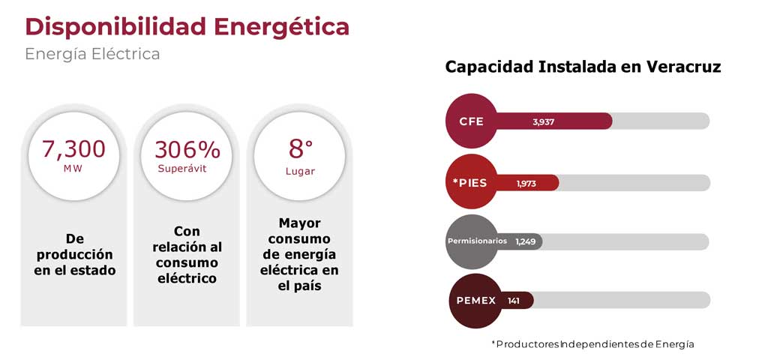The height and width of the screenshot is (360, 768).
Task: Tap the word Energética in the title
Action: tap(282, 26)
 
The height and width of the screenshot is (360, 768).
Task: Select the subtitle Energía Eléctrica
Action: tap(92, 54)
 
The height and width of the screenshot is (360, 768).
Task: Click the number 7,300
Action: tap(73, 149)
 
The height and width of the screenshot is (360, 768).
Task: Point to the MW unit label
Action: tap(73, 169)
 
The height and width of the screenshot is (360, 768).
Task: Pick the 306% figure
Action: tap(187, 149)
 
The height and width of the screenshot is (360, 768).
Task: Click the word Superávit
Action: tap(182, 169)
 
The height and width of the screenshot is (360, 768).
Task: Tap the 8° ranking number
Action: tap(300, 149)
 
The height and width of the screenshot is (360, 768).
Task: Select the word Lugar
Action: tap(300, 172)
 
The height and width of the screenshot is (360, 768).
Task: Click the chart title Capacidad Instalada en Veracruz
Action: tap(583, 67)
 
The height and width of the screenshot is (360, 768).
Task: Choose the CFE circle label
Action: tap(472, 121)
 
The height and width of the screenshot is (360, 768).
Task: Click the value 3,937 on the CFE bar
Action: tap(544, 122)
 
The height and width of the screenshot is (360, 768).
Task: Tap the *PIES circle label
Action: tap(469, 183)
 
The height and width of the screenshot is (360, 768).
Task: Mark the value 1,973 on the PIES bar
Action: tap(526, 184)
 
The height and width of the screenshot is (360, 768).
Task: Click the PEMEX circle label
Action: tap(476, 301)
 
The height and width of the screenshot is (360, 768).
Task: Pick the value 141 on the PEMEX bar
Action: tap(513, 301)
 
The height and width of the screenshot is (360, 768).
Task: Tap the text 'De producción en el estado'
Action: tap(75, 255)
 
